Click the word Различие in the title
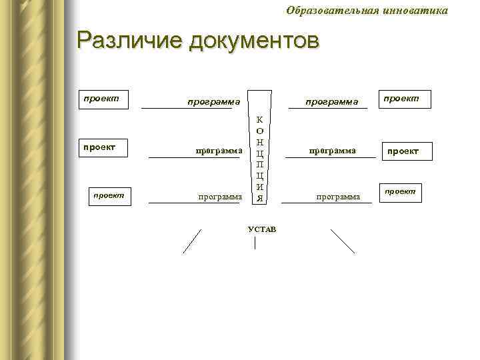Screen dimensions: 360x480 coord(129,41)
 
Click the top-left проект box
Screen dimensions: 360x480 coord(101,99)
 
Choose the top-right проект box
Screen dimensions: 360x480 coord(404,99)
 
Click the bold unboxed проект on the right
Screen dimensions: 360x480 coord(401,151)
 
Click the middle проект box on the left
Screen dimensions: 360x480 coord(99,147)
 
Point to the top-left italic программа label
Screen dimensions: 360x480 coord(213,103)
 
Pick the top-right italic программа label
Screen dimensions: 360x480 coord(332,103)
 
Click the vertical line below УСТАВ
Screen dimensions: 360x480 coord(255,243)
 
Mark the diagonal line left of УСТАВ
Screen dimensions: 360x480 coord(192,241)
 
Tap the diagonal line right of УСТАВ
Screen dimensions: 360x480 coord(343,241)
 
